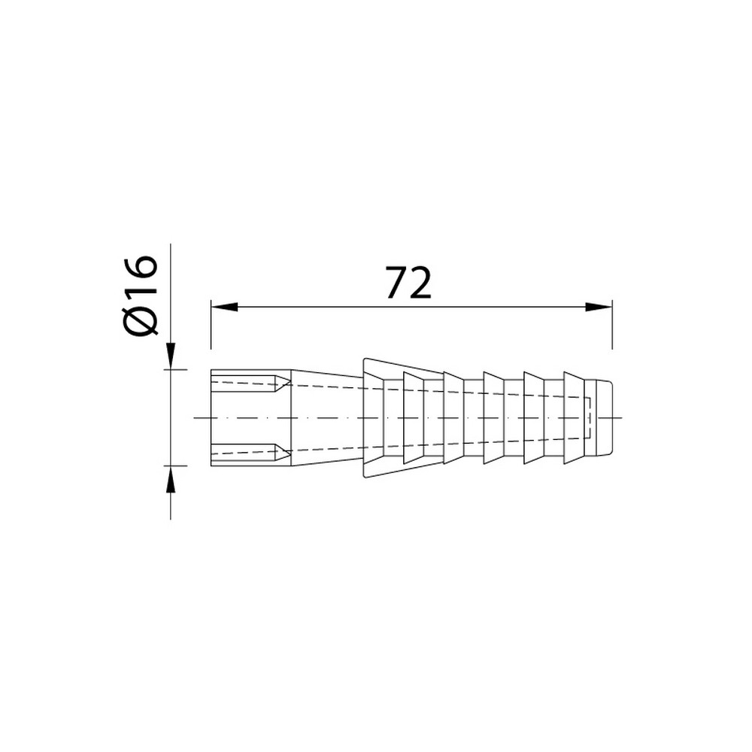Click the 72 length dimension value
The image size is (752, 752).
tap(408, 284)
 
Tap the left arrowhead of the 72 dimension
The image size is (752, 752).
tap(224, 307)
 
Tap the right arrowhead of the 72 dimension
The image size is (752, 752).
tap(599, 307)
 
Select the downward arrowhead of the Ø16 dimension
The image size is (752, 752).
tap(170, 356)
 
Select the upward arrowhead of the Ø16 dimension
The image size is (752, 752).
tap(170, 478)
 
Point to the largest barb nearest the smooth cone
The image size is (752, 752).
tap(374, 417)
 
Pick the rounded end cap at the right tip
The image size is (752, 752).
tap(604, 417)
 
